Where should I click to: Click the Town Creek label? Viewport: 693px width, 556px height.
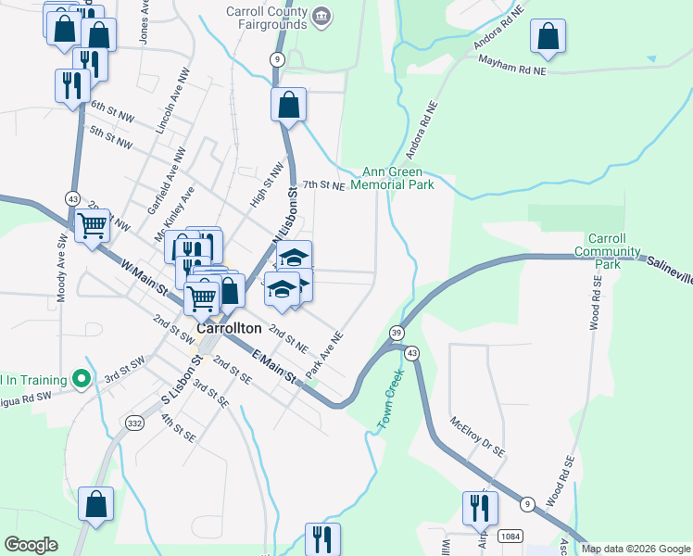click(x=391, y=398)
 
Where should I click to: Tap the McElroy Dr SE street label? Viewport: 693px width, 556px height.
click(x=477, y=436)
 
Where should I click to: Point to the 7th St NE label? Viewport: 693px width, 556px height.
click(x=323, y=185)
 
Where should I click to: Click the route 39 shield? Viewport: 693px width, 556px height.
click(x=397, y=333)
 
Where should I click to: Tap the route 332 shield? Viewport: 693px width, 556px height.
click(x=134, y=423)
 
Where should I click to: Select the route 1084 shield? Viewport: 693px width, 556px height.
click(x=509, y=536)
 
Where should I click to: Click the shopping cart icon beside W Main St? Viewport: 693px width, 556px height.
click(x=92, y=223)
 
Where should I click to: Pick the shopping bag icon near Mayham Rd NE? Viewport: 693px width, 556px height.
click(x=548, y=36)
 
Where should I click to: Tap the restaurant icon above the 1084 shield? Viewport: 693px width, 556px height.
click(x=480, y=507)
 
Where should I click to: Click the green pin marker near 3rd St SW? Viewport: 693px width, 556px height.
click(x=82, y=378)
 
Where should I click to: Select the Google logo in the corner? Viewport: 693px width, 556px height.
click(x=31, y=545)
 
